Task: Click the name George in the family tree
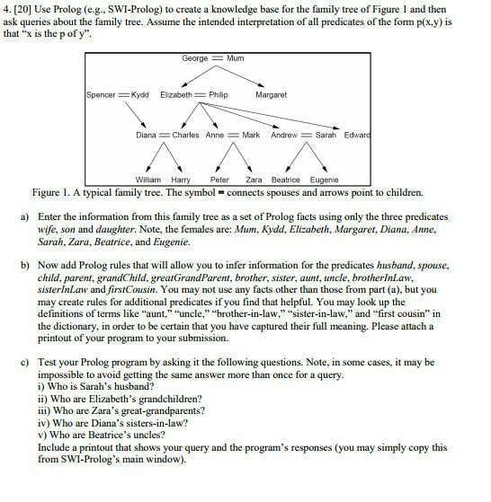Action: click(x=194, y=58)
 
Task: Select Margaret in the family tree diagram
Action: click(x=272, y=94)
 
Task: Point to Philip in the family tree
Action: click(x=218, y=94)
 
